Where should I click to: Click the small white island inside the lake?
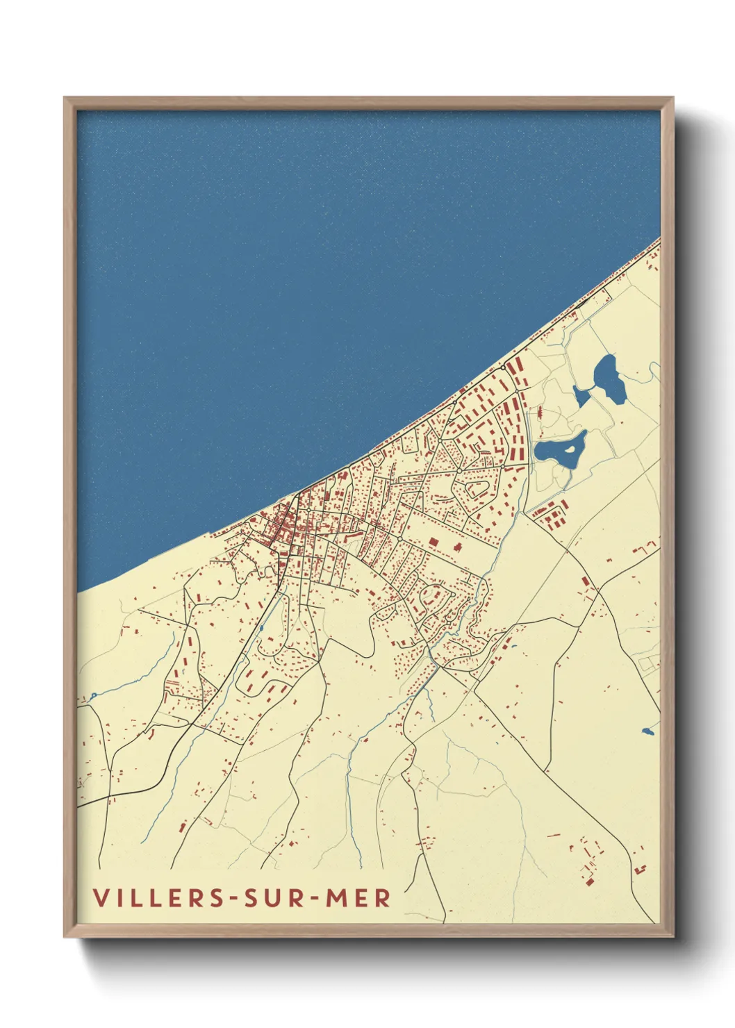[x=570, y=449]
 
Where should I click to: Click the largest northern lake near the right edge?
[x=609, y=379]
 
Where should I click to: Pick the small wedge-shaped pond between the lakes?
[x=581, y=397]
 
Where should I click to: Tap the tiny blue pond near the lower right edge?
[x=648, y=731]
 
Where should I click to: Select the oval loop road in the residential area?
[x=477, y=488]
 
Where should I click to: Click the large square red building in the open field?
[x=433, y=542]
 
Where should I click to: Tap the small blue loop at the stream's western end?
[x=92, y=695]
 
